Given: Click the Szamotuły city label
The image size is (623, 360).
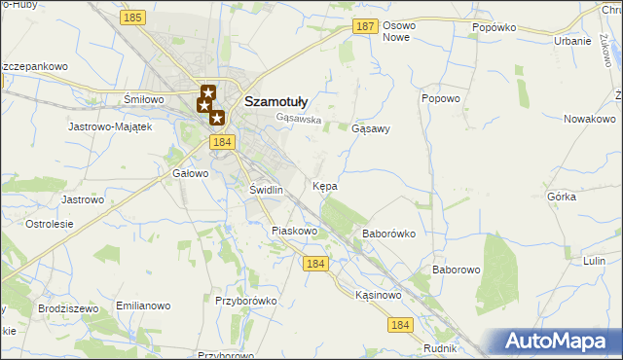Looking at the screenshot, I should (275, 99).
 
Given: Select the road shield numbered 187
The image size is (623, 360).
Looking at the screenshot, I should (365, 27).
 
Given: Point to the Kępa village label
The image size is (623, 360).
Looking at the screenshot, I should (325, 185).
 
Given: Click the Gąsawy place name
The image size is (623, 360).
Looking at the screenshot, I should (370, 128).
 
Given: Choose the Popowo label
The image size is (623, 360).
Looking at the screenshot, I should (440, 99).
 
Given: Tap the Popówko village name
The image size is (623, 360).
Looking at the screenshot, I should (493, 28).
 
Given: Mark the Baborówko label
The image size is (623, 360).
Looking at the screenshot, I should (388, 234).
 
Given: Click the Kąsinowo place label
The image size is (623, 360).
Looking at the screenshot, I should (379, 295).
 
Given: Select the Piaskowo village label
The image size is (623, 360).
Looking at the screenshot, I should (295, 232).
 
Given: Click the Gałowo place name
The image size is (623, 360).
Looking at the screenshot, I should (191, 173).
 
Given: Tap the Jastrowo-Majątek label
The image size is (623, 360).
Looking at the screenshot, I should (110, 126).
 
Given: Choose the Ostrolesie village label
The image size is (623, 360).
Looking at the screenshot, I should (50, 224).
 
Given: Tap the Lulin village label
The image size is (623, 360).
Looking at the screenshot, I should (596, 262).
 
